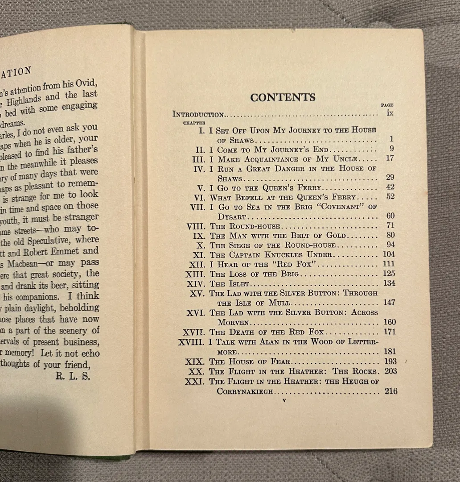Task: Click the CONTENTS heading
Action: pos(283,97)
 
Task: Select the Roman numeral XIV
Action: pos(197,283)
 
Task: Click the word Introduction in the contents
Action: pos(198,114)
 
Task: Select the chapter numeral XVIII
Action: pos(191,342)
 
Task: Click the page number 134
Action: pos(389,283)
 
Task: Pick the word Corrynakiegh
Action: pos(245,391)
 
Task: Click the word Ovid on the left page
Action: pos(86,83)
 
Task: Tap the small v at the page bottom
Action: pos(284,401)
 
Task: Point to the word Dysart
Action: pos(232,216)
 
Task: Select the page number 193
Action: pos(390,361)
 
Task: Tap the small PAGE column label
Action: pos(387,105)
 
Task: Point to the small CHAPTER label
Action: pos(194,122)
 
